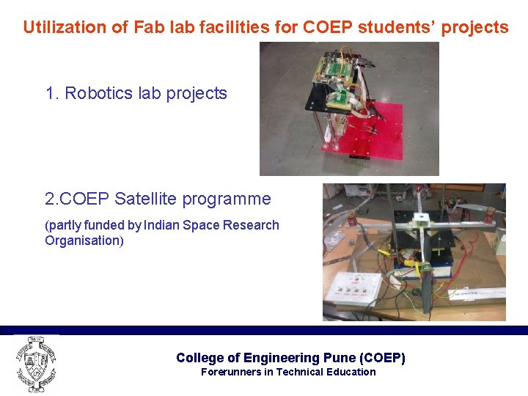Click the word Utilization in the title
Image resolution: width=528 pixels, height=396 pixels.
[x=60, y=28]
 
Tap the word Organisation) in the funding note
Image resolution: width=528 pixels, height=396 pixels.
[x=84, y=241]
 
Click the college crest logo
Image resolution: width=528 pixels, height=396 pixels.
[x=35, y=364]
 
